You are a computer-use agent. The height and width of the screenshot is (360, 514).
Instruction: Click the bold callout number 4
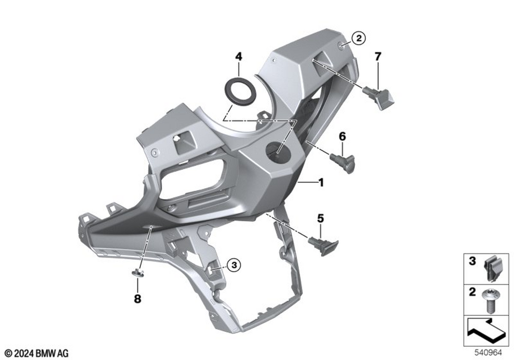coord(238,57)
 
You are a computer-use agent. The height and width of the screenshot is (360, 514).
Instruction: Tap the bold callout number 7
coord(378,57)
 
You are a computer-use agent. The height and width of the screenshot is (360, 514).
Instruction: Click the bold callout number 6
coord(342,136)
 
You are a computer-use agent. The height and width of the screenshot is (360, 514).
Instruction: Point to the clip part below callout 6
coord(343,163)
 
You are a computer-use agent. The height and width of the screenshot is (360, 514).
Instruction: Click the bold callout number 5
coord(320,219)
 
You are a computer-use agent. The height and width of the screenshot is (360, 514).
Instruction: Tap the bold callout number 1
coord(321,182)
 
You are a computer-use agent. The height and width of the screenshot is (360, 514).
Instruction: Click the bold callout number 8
coord(138,299)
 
